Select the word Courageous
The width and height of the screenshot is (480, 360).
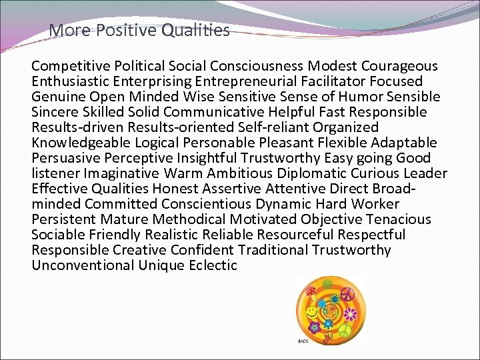[x=400, y=66]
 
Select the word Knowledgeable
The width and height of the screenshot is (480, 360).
[x=81, y=143]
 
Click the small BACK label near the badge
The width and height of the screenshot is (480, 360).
[x=303, y=341]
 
